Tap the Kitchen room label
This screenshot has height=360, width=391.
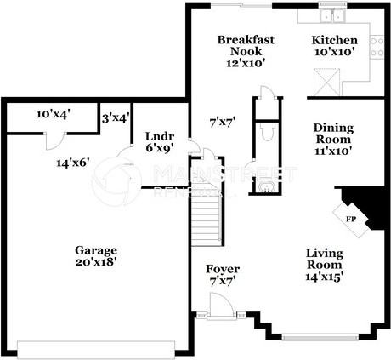[x=334, y=40]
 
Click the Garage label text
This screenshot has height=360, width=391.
[x=94, y=250]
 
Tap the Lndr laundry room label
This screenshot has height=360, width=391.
[x=159, y=135]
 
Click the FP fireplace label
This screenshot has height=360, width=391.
[x=350, y=219]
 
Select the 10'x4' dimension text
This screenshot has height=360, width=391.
[x=52, y=114]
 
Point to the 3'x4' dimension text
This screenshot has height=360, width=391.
[x=115, y=118]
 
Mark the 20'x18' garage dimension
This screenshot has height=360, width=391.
[x=94, y=262]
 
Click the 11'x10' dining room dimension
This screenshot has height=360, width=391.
[x=333, y=151]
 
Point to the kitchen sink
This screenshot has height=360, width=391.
[x=328, y=14]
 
